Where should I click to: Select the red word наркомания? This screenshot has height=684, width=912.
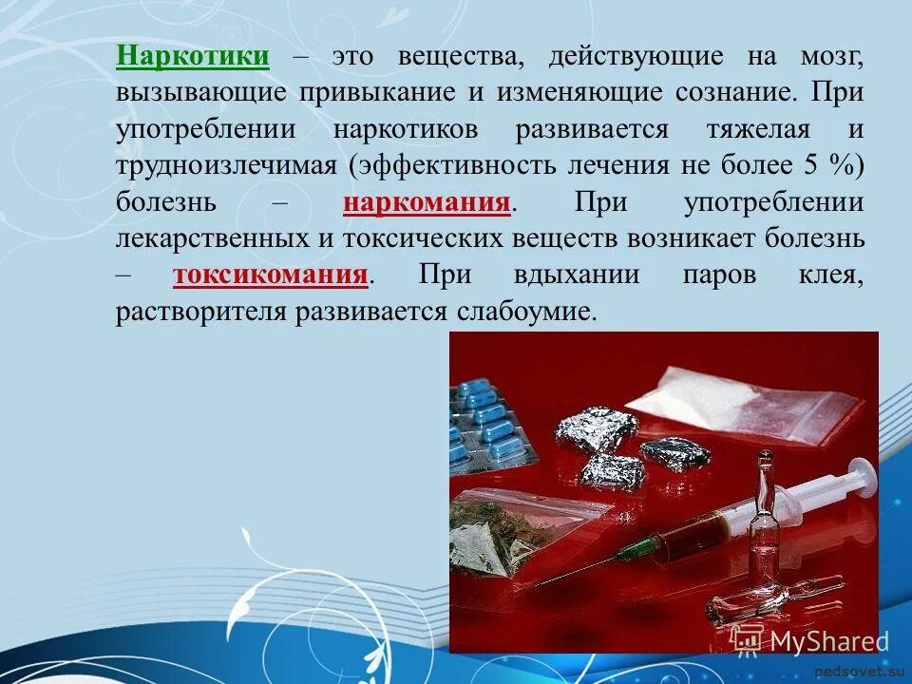pyautogui.click(x=427, y=202)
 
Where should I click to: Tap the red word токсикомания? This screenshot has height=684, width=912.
pyautogui.click(x=271, y=275)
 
